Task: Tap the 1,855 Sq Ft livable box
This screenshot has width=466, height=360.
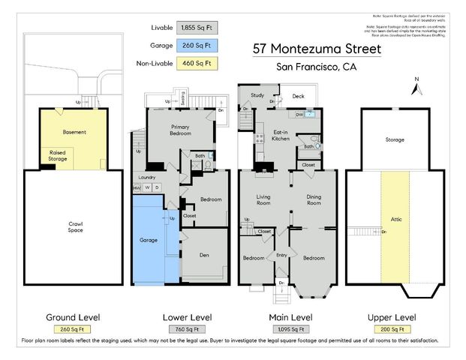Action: click(194, 28)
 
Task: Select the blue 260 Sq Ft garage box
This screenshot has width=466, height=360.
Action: click(194, 44)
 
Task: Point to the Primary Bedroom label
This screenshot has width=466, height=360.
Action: click(179, 130)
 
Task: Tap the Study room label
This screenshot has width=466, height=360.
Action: click(257, 95)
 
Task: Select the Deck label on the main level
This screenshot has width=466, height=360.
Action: click(298, 96)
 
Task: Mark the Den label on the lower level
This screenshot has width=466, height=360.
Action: click(204, 253)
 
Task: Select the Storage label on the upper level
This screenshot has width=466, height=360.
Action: click(395, 139)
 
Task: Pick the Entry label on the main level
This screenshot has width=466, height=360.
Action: click(281, 255)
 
